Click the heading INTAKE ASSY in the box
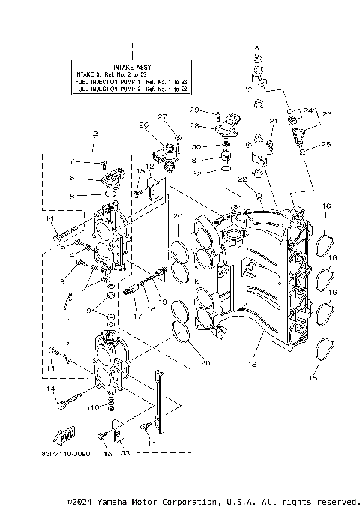coord(130,67)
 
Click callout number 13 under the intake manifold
coord(253,363)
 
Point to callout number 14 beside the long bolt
coord(52,389)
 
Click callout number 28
coord(193,126)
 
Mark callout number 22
coord(241,179)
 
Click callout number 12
coord(150,166)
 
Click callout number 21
coord(273,122)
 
